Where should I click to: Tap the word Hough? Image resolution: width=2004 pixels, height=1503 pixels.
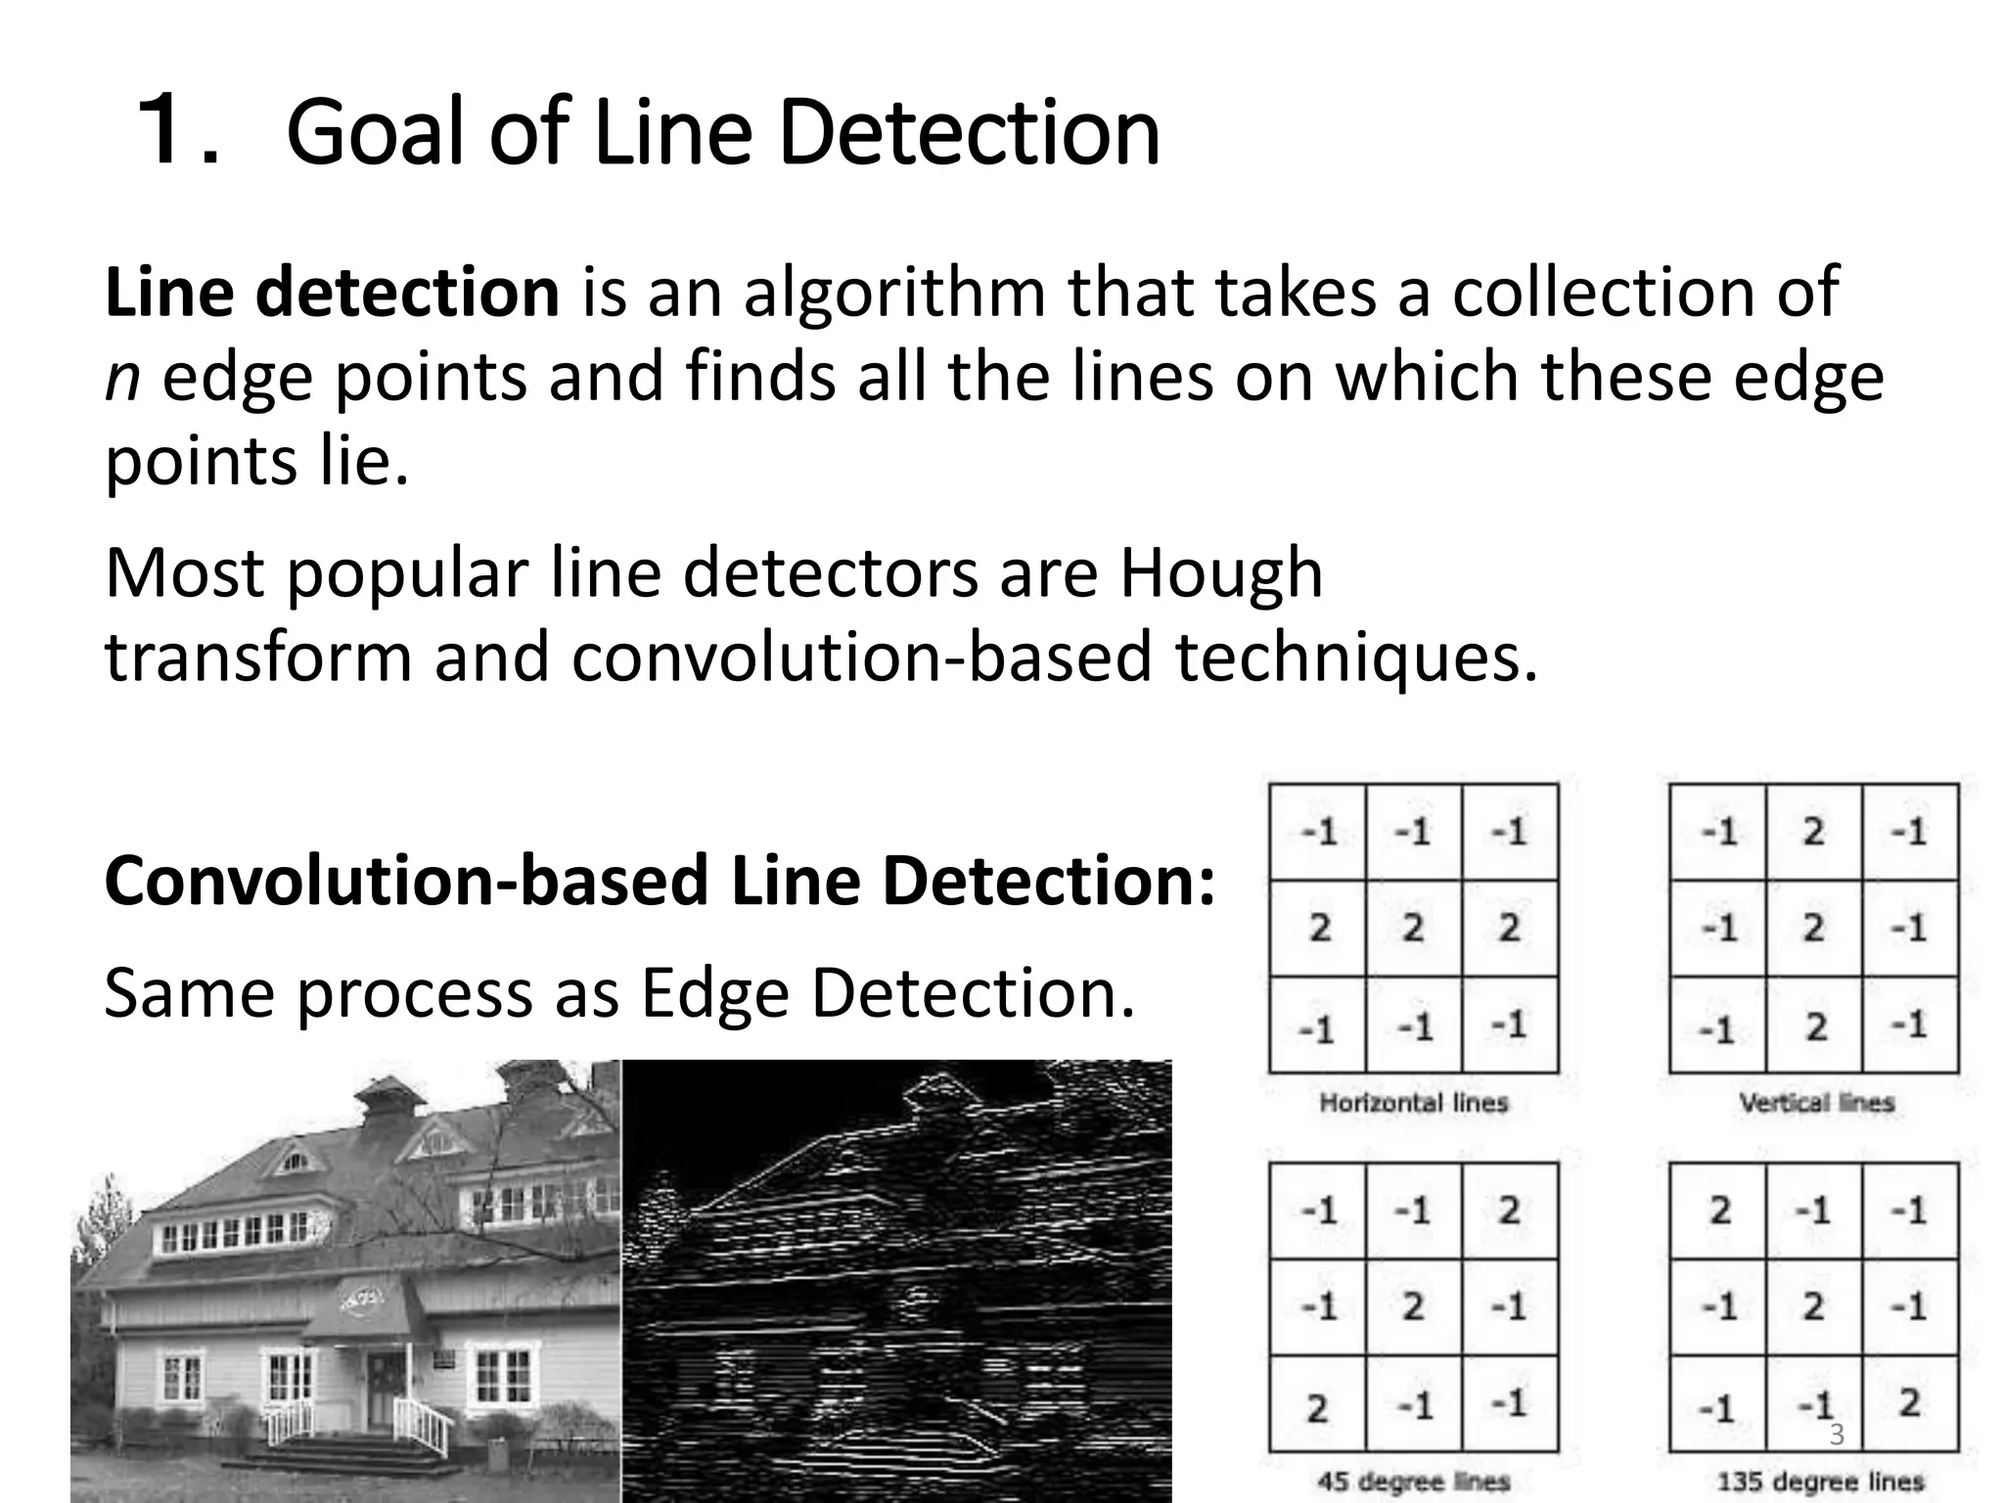[x=1220, y=573]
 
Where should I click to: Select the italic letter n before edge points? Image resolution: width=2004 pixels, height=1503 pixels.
[x=121, y=378]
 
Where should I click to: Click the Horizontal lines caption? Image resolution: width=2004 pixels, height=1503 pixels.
[x=1413, y=1103]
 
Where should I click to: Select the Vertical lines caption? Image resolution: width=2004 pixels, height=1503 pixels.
[x=1816, y=1103]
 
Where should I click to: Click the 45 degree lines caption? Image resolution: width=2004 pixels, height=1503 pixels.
[x=1413, y=1481]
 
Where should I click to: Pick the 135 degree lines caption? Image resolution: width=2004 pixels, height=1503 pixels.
[x=1820, y=1481]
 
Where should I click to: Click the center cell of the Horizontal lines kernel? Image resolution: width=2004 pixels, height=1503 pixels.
[x=1413, y=928]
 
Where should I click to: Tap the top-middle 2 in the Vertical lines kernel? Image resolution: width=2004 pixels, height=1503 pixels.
[x=1814, y=832]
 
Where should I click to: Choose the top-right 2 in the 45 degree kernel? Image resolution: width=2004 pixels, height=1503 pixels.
[x=1509, y=1210]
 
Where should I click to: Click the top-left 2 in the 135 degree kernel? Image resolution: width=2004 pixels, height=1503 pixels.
[x=1719, y=1210]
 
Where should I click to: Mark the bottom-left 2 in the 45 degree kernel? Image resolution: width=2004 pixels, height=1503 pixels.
[x=1317, y=1408]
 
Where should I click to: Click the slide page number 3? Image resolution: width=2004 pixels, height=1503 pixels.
[x=1837, y=1435]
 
